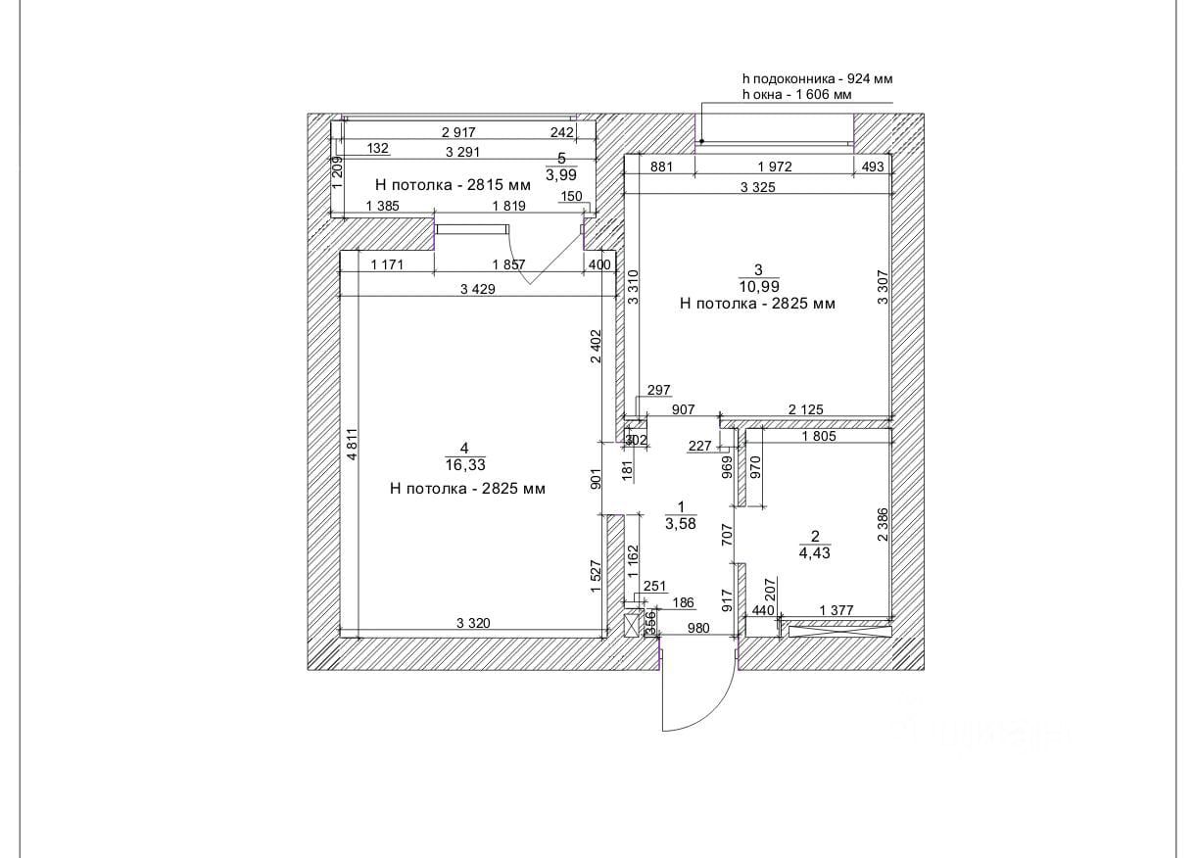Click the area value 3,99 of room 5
pos(561,175)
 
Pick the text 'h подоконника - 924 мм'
pos(817,78)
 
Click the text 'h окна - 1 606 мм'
pos(796,95)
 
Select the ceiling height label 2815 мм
pos(453,184)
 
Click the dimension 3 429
pos(476,288)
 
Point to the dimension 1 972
pos(774,167)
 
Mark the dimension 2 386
pos(883,524)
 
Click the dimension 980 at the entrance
pos(697,629)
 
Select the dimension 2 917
pos(458,132)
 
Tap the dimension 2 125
pos(805,408)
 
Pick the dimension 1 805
pos(818,437)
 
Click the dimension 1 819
pos(509,206)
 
